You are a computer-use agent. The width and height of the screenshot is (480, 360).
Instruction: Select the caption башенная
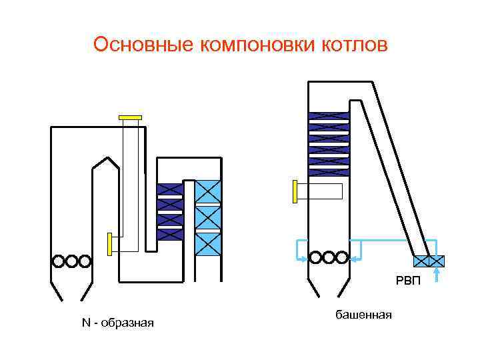363,314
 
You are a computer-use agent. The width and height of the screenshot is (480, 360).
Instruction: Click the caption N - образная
118,323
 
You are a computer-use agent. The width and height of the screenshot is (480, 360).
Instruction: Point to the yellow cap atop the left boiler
130,118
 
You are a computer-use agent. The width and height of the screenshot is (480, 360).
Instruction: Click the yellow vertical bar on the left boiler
109,243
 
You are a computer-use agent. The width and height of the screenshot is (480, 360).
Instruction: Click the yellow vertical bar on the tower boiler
294,191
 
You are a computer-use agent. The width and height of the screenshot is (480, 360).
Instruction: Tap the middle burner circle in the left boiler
71,261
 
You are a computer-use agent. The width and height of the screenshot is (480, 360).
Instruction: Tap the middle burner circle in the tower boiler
327,257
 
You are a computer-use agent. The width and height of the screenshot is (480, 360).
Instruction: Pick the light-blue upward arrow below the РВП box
437,275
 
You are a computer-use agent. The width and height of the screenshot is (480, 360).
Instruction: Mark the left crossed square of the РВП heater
421,261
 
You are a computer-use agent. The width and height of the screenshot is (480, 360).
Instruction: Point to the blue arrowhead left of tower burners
303,258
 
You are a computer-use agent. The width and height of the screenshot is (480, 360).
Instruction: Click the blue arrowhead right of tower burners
353,258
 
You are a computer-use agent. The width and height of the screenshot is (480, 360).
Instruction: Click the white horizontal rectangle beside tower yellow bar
320,191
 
